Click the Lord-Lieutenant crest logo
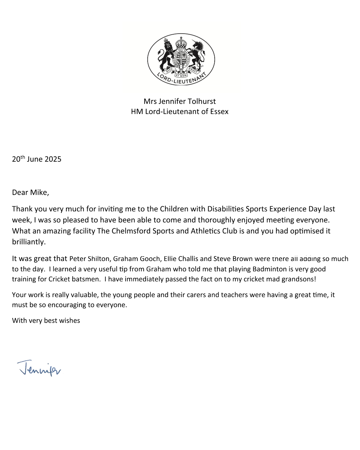click(181, 59)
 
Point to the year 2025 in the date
click(53, 159)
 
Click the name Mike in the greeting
click(39, 193)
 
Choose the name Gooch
click(151, 259)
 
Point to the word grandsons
click(298, 279)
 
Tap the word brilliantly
click(28, 242)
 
